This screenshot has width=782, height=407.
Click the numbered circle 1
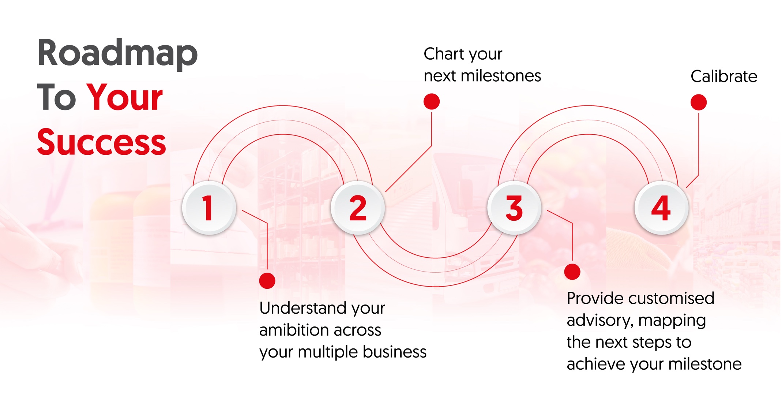pyautogui.click(x=209, y=208)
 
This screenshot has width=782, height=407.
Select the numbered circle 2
pyautogui.click(x=358, y=208)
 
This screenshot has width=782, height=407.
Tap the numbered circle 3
pyautogui.click(x=514, y=208)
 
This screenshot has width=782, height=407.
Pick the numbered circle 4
pyautogui.click(x=661, y=208)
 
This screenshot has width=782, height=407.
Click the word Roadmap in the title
pyautogui.click(x=117, y=54)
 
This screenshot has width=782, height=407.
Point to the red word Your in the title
pyautogui.click(x=124, y=97)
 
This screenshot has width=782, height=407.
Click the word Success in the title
pyautogui.click(x=102, y=142)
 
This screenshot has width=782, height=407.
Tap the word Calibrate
pyautogui.click(x=724, y=76)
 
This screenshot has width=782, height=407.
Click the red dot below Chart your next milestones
pyautogui.click(x=432, y=101)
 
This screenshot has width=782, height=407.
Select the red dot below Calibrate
pyautogui.click(x=699, y=102)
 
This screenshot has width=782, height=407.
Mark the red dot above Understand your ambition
pyautogui.click(x=267, y=281)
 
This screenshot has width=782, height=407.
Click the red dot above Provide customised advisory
pyautogui.click(x=572, y=272)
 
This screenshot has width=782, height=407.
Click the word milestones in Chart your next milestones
pyautogui.click(x=501, y=76)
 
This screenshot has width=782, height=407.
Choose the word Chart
pyautogui.click(x=442, y=54)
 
